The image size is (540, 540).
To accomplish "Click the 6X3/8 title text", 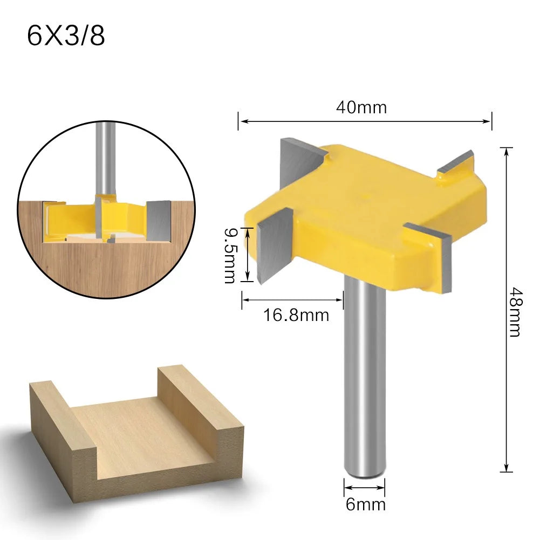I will (66, 36).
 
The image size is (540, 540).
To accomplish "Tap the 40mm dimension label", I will (361, 107).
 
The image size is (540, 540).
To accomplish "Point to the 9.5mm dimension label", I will (230, 255).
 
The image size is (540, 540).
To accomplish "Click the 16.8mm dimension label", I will (296, 315).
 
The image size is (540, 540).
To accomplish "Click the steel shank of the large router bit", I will (365, 378).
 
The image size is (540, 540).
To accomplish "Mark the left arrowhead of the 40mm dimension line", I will (241, 121).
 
